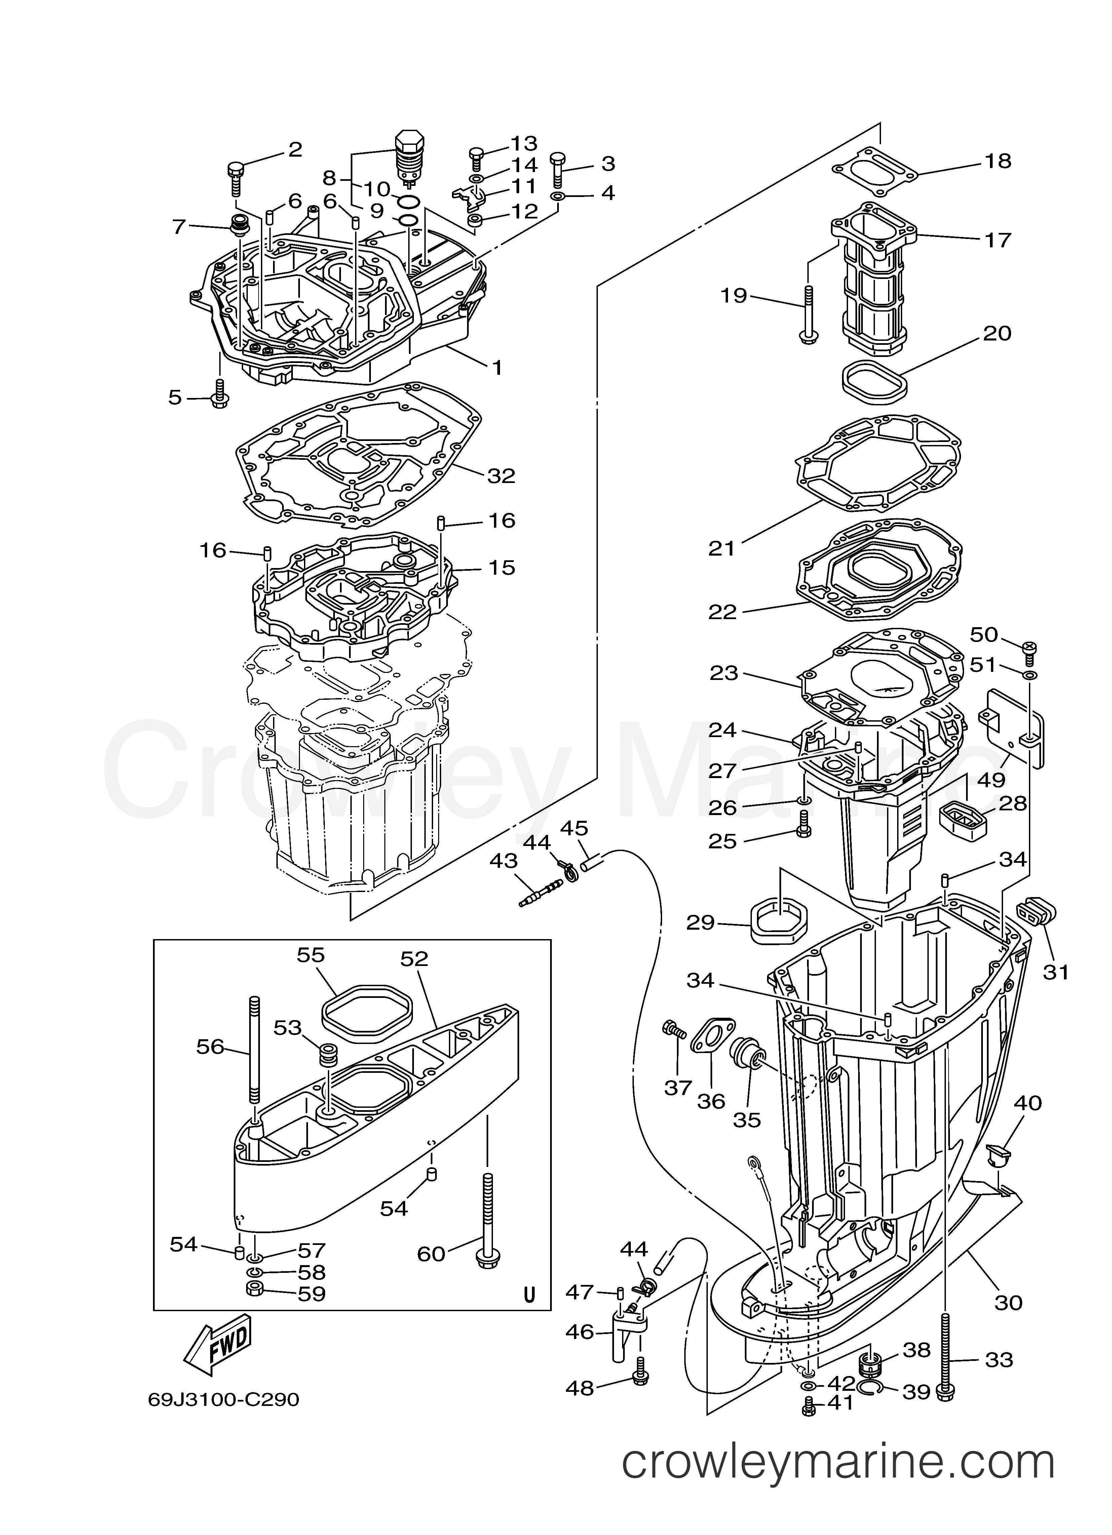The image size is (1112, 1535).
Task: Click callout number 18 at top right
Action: point(998,161)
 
